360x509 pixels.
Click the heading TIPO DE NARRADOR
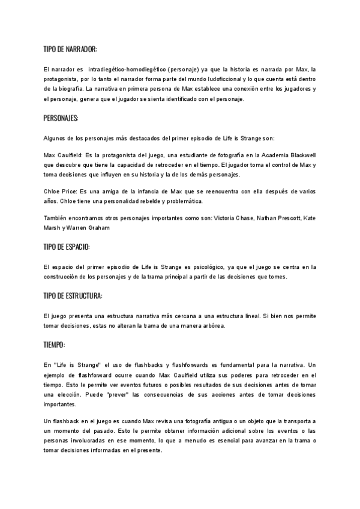(70, 49)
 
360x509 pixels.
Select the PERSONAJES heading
(61, 116)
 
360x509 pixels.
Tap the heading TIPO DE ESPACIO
(67, 247)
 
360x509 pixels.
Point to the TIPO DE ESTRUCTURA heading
(73, 296)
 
